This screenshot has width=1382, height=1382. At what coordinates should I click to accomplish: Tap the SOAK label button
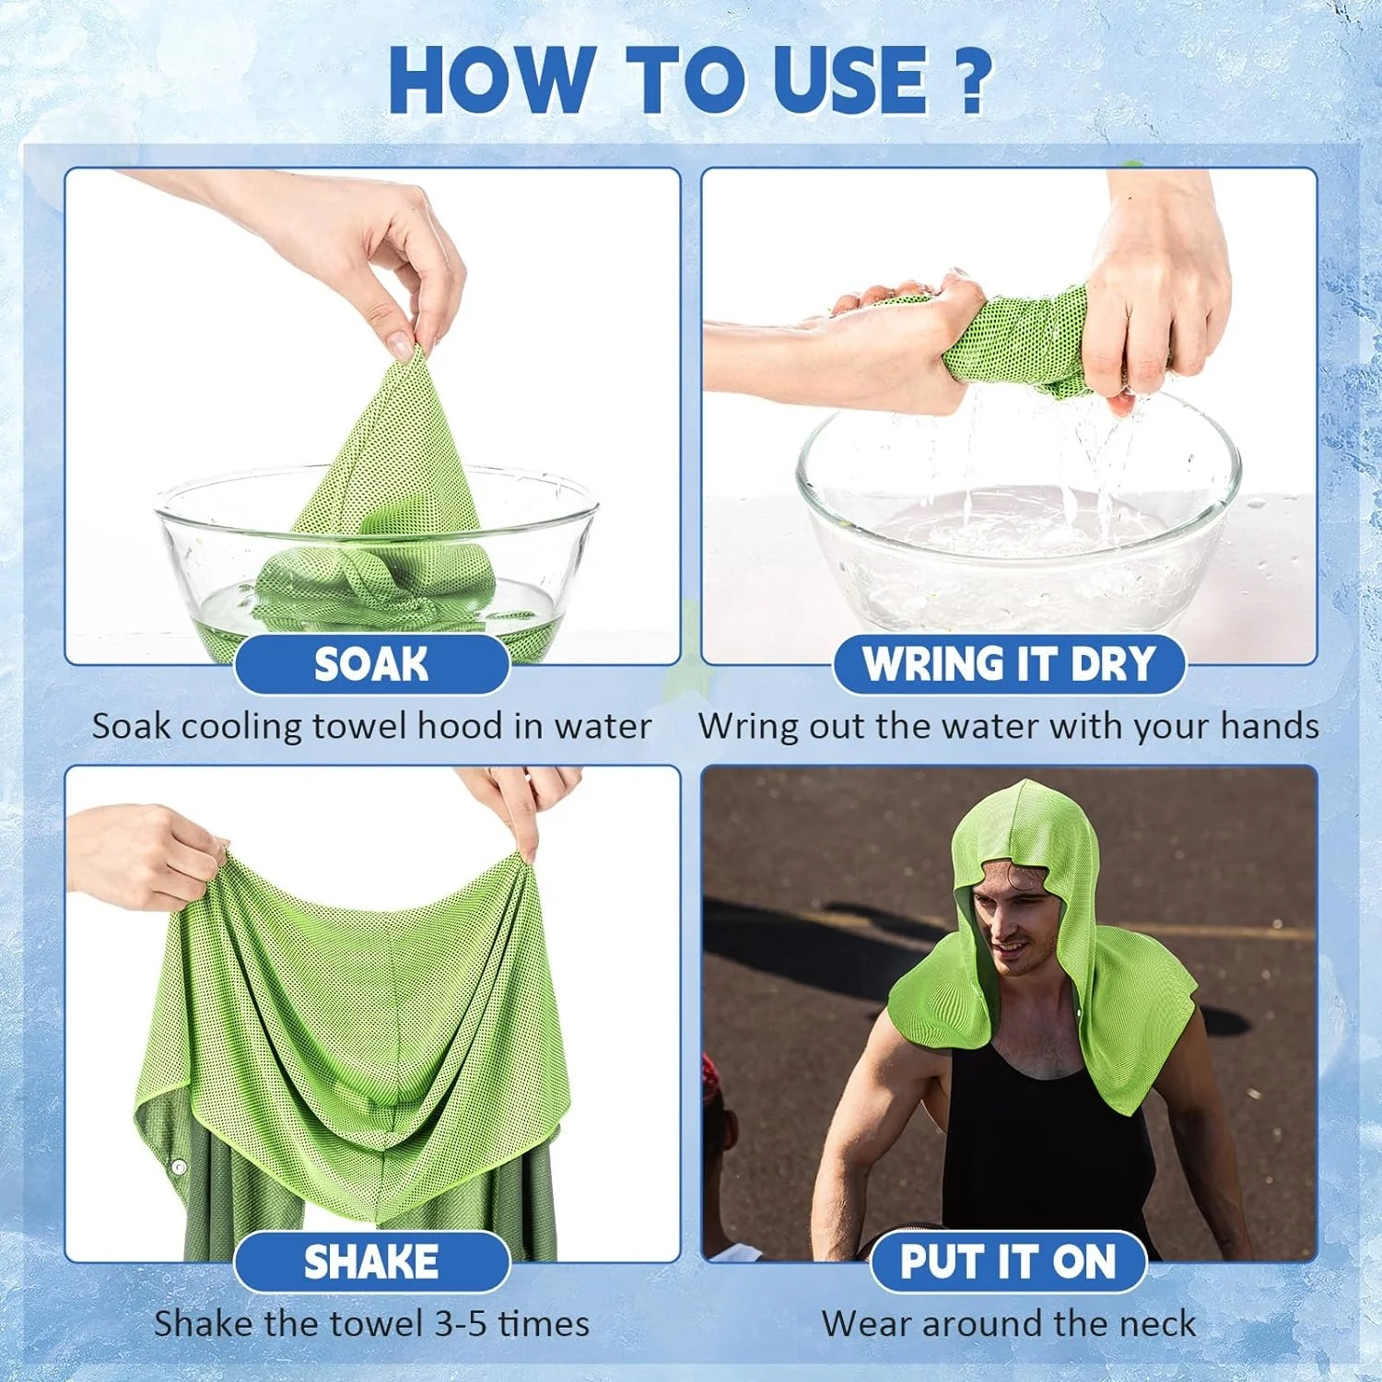click(x=371, y=664)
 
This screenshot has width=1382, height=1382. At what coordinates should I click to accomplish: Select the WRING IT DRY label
click(x=1009, y=664)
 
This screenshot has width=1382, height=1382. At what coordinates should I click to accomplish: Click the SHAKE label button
click(x=371, y=1262)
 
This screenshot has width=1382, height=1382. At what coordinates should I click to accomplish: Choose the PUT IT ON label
click(x=1008, y=1262)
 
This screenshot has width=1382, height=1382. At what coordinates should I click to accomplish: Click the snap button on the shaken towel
click(x=180, y=1166)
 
